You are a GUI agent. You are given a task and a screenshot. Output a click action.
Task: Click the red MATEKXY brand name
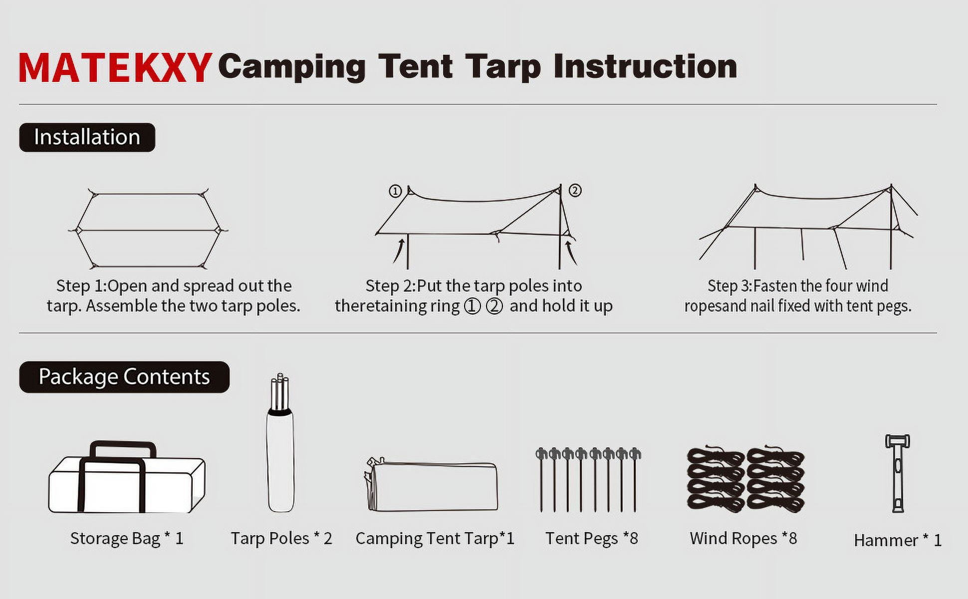point(115,68)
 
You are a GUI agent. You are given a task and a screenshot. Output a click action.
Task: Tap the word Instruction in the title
point(645,66)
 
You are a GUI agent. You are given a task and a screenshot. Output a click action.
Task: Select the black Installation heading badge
point(87,137)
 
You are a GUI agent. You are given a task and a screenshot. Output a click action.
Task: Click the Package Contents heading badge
point(124,377)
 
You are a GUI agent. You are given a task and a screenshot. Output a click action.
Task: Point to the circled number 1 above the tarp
point(395,191)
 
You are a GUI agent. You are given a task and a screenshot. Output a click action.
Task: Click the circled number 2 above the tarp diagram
point(575,190)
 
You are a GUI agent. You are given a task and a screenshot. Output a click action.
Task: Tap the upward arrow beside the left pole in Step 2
point(398,251)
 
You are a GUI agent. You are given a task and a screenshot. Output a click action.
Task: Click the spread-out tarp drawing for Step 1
point(148,229)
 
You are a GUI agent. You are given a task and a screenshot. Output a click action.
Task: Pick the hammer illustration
point(898,473)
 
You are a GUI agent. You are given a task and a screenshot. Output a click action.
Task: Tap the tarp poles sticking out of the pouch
point(280,392)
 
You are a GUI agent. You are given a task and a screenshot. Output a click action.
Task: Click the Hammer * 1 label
point(898,540)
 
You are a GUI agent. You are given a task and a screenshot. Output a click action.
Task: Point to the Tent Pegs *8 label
point(592,538)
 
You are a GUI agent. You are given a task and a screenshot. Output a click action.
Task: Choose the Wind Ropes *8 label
point(743,538)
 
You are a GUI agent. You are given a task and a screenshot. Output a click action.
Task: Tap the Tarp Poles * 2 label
point(281,539)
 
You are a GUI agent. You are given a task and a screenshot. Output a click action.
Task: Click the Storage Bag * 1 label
point(127,539)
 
